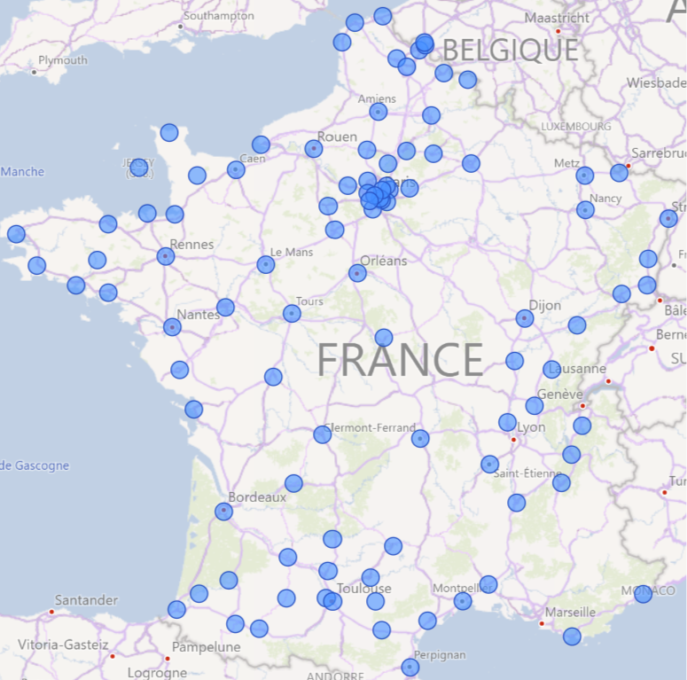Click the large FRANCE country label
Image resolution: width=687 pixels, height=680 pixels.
[x=400, y=360]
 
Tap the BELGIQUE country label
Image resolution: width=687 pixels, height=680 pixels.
[x=510, y=49]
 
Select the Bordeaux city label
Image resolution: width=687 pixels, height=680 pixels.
[x=257, y=497]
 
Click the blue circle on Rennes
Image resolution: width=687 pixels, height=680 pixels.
[x=166, y=256]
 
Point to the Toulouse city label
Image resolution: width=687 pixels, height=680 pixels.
[x=364, y=589]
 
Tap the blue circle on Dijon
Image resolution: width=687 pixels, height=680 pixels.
[x=525, y=317]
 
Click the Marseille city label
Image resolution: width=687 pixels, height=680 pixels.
[x=570, y=612]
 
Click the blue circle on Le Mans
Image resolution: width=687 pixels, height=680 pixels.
[x=266, y=264]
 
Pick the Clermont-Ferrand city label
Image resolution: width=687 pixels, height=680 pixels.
[x=371, y=427]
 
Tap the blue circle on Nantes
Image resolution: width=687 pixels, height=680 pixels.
[x=172, y=327]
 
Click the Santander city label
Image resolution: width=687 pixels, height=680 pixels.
[x=86, y=600]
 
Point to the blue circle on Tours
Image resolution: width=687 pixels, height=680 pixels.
[x=292, y=313]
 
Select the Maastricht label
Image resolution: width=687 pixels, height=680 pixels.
[x=557, y=18]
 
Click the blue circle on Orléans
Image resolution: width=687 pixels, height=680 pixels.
[x=357, y=273]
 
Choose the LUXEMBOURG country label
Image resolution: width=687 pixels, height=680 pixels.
[x=575, y=127]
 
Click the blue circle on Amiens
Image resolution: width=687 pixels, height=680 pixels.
[x=379, y=112]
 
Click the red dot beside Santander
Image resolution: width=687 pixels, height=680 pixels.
[x=52, y=612]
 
